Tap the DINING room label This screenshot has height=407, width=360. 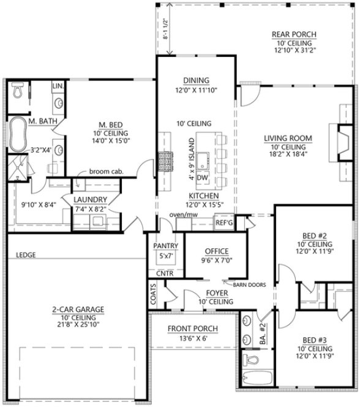196,80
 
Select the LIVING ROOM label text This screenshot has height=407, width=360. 285,138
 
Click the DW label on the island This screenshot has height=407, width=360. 204,178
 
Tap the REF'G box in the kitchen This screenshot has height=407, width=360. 224,223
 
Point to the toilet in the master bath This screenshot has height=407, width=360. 18,91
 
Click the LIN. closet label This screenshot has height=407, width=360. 58,86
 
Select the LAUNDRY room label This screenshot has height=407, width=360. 91,200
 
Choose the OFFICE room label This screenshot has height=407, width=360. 217,251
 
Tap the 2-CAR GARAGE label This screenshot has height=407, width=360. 77,310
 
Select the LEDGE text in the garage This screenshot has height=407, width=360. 25,254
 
